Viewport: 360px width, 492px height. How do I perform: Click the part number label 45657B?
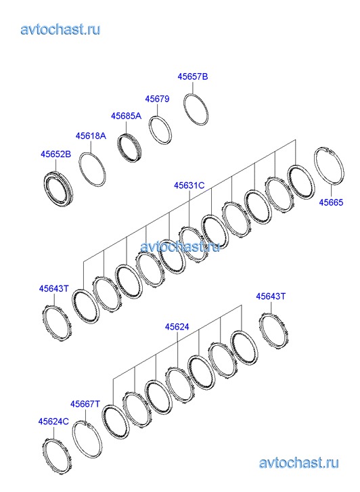pyautogui.click(x=193, y=76)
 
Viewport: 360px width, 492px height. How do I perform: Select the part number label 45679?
pyautogui.click(x=157, y=99)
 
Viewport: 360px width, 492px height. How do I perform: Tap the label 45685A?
pyautogui.click(x=126, y=116)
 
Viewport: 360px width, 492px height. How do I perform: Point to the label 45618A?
pyautogui.click(x=91, y=136)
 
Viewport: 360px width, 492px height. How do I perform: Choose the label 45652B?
pyautogui.click(x=56, y=154)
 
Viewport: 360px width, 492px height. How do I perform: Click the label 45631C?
pyautogui.click(x=189, y=185)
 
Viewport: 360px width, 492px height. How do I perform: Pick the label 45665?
pyautogui.click(x=331, y=202)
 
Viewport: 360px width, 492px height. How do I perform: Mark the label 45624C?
pyautogui.click(x=53, y=422)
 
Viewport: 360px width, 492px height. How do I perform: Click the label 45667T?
pyautogui.click(x=85, y=404)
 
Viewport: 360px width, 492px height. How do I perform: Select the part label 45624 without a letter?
pyautogui.click(x=177, y=327)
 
